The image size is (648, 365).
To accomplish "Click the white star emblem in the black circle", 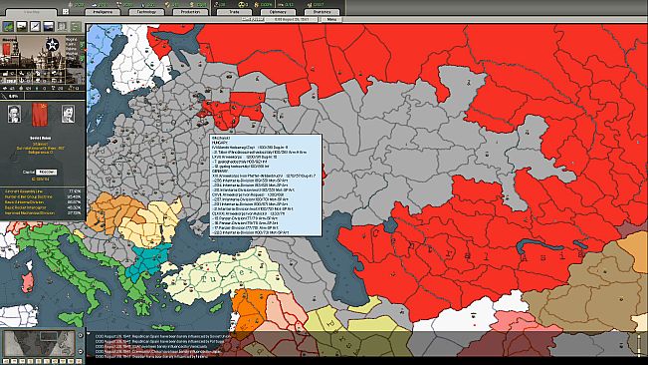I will coord(48,41).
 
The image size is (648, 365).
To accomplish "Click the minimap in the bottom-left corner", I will coord(42,342).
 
